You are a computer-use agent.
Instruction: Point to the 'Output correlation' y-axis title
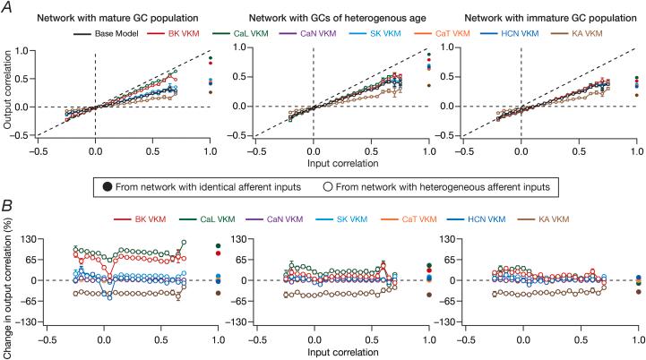(x=11, y=90)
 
